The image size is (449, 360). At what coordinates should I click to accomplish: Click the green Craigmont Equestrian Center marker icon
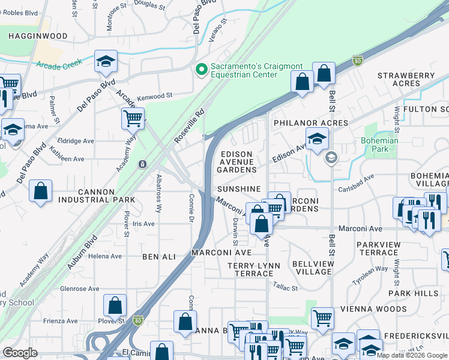[x=202, y=70]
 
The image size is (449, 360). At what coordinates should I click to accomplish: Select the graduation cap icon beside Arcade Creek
[x=106, y=62]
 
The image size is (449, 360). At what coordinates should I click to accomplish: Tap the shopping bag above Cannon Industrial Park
[x=40, y=191]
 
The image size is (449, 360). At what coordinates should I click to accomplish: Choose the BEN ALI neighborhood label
[x=158, y=257]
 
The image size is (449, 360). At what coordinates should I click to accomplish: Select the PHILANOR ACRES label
[x=310, y=123]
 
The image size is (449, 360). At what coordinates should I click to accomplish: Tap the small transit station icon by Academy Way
[x=142, y=164]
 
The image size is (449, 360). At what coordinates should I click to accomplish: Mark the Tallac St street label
[x=285, y=287]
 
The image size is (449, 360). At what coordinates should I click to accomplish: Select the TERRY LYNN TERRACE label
[x=250, y=269]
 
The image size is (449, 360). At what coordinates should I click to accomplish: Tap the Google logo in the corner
[x=20, y=353]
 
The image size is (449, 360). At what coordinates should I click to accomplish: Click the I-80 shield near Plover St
[x=138, y=322]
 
